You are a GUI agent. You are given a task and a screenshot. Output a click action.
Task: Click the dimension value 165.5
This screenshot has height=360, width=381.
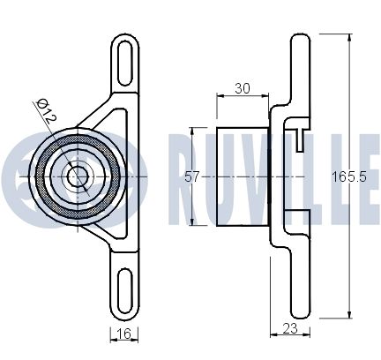click(349, 177)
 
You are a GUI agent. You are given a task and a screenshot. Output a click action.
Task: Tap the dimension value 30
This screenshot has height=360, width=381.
click(243, 88)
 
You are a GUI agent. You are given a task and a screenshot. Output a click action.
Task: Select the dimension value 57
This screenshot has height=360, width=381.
click(192, 177)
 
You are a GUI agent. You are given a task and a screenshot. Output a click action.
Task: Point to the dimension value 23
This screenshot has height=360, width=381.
click(290, 328)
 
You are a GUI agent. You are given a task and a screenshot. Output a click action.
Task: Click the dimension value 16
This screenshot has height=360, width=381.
click(123, 334)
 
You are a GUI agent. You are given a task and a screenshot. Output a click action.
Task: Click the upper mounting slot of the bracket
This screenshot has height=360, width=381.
click(124, 64)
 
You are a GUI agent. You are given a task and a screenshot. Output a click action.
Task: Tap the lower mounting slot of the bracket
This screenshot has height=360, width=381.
click(124, 289)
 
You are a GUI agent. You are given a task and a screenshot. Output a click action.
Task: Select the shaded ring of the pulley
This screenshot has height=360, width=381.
click(39, 176)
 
